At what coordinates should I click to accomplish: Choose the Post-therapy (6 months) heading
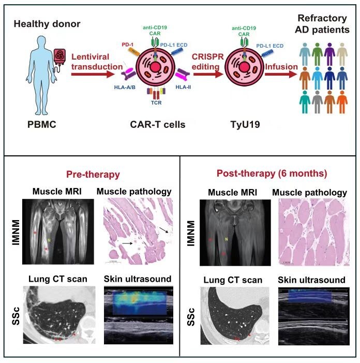264,173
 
